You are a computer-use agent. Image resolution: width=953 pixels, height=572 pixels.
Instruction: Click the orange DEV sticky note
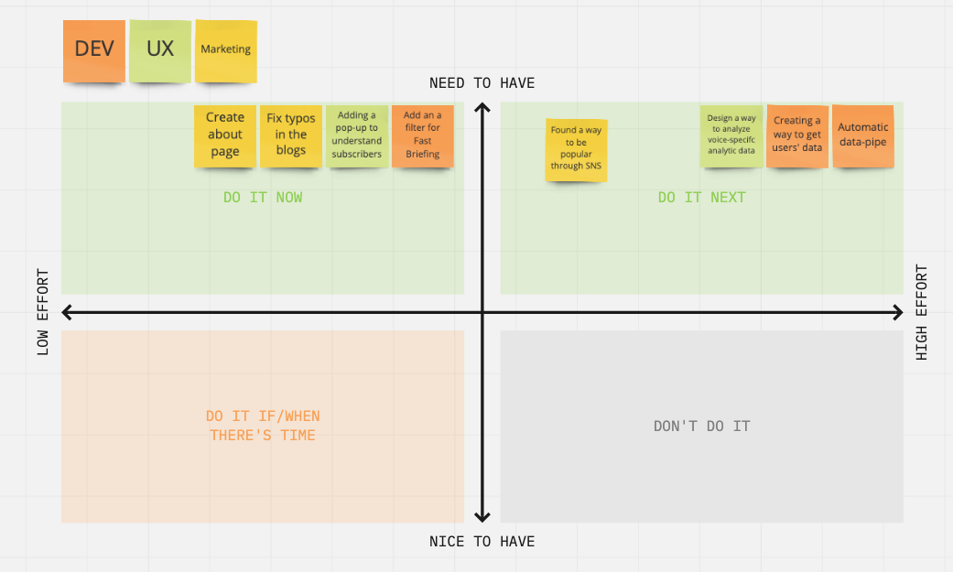coord(94,49)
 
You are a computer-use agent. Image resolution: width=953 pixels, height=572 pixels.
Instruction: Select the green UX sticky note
coord(160,49)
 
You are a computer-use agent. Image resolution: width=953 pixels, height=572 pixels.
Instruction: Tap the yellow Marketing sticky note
coord(226,49)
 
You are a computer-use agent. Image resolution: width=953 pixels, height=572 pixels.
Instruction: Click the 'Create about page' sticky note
coord(225,135)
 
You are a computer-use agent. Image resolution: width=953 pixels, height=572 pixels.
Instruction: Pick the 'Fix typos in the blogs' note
coord(291,135)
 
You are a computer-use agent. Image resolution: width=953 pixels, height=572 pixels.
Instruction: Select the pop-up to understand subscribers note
coord(357,135)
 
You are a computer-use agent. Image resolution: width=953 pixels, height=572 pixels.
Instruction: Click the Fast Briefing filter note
coord(422,135)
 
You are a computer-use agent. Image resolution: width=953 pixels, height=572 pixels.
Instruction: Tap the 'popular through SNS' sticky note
coord(576,149)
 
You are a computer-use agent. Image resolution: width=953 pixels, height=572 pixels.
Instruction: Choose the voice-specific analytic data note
coord(731,135)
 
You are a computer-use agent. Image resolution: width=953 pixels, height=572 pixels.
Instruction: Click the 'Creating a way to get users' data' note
coord(796,135)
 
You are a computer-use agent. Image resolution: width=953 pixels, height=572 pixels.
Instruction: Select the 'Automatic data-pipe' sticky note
coord(862,135)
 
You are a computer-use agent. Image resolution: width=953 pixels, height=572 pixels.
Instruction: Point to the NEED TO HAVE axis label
coord(482,83)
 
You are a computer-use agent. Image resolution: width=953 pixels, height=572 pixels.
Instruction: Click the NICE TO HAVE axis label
coord(482,542)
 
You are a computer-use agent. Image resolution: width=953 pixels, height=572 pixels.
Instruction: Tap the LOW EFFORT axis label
coord(42,312)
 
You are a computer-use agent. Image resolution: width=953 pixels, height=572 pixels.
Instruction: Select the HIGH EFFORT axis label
coord(922,312)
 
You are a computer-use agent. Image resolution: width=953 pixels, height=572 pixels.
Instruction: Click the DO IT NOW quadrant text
coord(263,198)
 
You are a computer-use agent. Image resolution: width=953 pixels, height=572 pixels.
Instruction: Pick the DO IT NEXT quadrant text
coord(701,198)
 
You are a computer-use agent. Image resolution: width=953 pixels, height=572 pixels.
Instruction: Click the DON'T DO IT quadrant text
coord(702,426)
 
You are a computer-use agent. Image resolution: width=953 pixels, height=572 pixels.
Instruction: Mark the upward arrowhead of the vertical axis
coord(482,110)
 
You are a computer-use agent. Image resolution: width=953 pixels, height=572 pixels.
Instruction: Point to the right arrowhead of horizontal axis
coord(897,313)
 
